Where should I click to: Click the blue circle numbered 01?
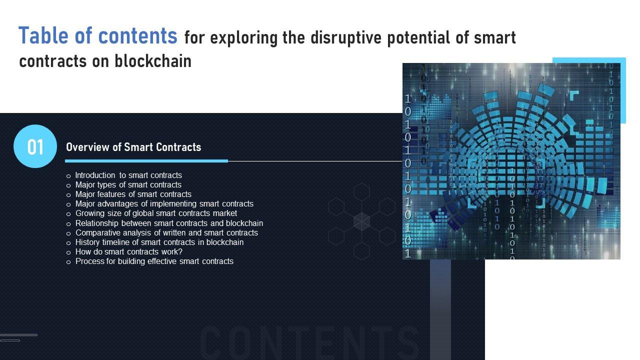(35, 146)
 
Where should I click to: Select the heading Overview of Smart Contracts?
(133, 147)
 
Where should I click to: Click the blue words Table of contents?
(98, 36)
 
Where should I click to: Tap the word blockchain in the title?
(153, 61)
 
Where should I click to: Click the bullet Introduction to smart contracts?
(128, 175)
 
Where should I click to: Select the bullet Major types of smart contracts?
(128, 185)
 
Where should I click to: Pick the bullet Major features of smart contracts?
(133, 194)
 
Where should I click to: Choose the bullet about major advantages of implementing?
(164, 204)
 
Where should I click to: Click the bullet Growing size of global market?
(156, 213)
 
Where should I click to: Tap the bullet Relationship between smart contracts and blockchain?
(169, 223)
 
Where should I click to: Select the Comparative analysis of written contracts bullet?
(166, 233)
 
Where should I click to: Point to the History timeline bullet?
(159, 242)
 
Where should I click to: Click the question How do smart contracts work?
(128, 252)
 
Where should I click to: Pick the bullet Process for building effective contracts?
(154, 261)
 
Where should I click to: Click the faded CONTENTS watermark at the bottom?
(305, 342)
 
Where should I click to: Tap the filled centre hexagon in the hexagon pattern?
(361, 221)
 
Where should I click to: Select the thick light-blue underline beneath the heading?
(146, 161)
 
